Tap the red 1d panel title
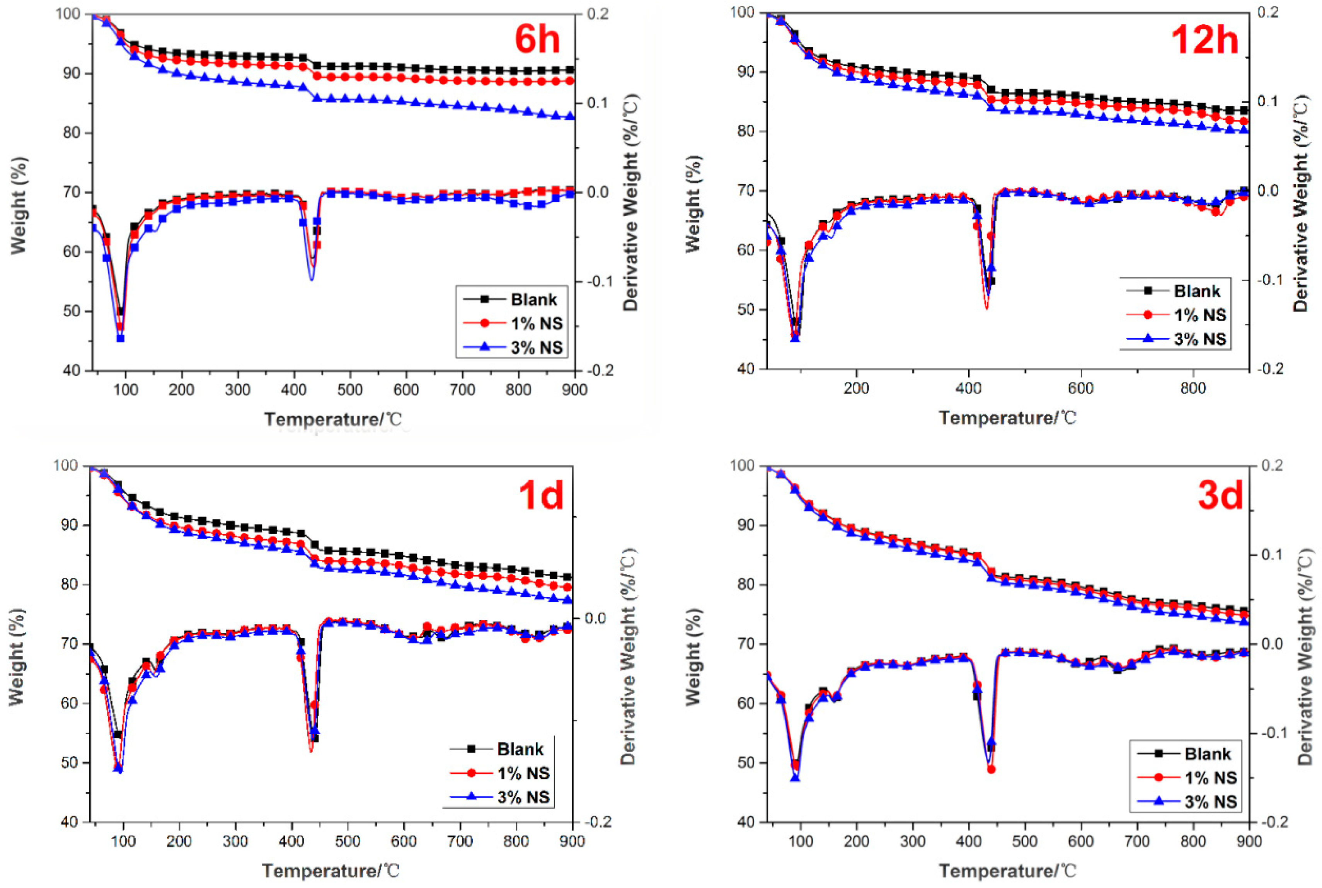[541, 494]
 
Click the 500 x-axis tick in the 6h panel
[350, 390]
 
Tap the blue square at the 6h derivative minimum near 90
[120, 338]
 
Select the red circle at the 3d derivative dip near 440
[991, 769]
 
